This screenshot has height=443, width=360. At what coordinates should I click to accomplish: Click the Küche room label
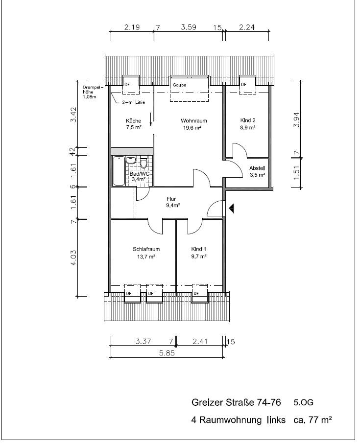(134, 124)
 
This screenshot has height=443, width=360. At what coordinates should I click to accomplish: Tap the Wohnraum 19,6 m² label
(193, 124)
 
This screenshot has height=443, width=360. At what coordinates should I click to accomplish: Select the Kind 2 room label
(248, 124)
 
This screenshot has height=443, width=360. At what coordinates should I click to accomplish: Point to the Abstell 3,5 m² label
(257, 171)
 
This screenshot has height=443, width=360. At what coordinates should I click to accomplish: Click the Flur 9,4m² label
(173, 202)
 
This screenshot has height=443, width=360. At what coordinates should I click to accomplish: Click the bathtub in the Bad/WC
(119, 171)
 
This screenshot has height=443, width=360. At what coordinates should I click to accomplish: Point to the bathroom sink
(131, 160)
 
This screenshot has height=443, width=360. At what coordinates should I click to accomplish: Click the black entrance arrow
(231, 209)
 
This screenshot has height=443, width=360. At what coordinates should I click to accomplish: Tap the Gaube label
(179, 85)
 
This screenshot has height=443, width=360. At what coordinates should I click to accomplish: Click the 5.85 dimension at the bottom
(167, 353)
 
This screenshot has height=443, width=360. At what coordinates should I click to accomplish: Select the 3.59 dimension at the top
(189, 27)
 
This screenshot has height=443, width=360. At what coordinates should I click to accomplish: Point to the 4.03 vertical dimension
(73, 257)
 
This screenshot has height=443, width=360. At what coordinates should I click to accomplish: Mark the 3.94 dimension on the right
(296, 120)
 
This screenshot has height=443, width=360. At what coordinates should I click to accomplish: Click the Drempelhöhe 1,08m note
(91, 92)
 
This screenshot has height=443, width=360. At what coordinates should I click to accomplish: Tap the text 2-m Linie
(133, 102)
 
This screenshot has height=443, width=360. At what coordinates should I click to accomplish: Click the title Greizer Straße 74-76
(236, 402)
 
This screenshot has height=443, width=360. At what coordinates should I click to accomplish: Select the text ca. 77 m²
(312, 420)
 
